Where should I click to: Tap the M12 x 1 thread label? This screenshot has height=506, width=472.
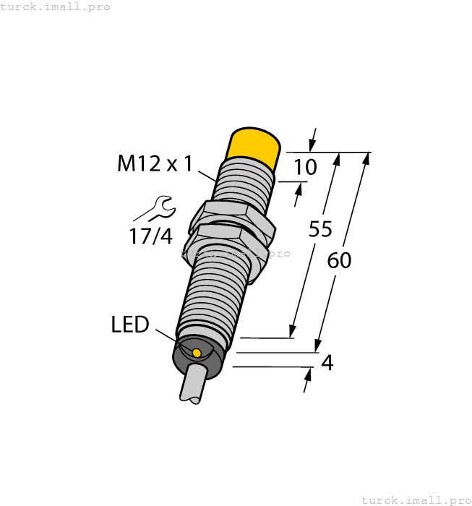155,165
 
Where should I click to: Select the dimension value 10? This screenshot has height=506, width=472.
305,168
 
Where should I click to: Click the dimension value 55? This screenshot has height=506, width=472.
319,229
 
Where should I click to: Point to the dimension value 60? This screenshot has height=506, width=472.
339,260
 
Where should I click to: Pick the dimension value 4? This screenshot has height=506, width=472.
327,363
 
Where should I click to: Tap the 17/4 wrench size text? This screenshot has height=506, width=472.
150,236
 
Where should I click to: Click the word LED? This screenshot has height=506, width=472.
130,325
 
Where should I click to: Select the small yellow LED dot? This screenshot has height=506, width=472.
197,353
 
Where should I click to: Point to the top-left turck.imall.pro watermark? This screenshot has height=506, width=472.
56,7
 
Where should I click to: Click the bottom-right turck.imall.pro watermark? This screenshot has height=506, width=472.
416,499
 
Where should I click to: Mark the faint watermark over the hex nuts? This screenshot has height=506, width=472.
236,253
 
